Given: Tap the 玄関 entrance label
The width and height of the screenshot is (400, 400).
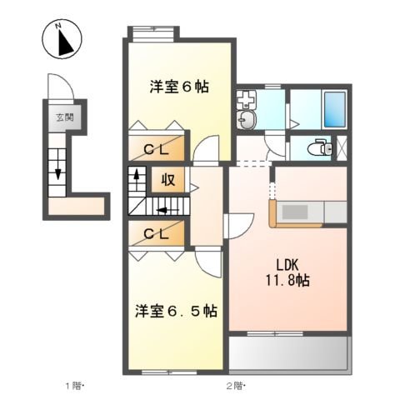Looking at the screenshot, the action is (65, 117).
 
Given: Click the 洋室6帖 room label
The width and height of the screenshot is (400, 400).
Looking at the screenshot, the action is (179, 87).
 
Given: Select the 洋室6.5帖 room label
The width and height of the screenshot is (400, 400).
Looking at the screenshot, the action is (176, 311).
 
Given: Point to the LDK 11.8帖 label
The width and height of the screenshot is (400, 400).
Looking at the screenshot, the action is (287, 272).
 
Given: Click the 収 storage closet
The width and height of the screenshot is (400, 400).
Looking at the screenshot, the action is (168, 179).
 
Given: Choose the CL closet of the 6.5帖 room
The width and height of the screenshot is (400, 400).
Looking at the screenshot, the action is (157, 233).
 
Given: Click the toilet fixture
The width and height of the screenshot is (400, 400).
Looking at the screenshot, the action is (320, 147).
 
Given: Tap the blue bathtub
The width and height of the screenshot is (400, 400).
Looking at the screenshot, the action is (335, 109).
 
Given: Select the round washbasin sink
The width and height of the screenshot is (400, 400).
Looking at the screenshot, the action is (247, 120).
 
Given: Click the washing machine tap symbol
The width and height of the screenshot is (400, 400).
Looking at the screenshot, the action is (246, 98).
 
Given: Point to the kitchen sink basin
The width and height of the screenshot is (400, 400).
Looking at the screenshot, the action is (295, 212).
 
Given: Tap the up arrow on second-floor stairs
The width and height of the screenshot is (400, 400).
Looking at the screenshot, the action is (137, 180).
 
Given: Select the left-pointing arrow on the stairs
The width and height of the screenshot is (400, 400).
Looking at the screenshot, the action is (167, 210).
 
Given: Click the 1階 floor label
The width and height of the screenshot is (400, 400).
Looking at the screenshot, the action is (74, 386).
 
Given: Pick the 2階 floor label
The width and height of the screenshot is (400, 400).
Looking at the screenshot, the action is (236, 386).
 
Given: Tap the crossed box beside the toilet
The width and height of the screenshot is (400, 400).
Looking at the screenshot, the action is (342, 147).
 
